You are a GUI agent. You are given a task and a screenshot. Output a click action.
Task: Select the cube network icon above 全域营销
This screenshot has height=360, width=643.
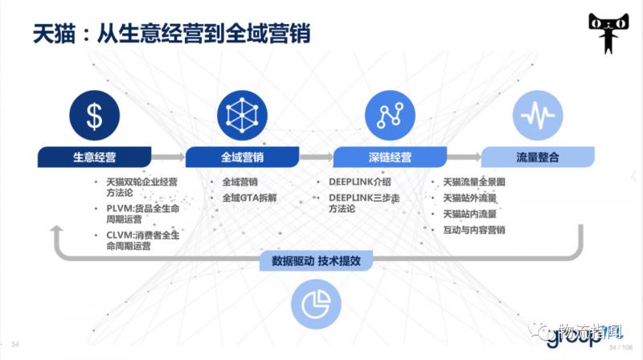(x=240, y=116)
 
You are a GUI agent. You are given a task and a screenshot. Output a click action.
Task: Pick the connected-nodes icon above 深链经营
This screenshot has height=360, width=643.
(x=389, y=116)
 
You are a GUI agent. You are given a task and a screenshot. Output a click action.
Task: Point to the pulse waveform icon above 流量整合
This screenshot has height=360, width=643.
(x=537, y=116)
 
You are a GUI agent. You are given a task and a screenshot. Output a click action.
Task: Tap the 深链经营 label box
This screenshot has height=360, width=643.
(x=390, y=157)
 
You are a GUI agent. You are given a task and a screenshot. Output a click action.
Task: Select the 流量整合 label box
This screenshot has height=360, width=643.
(x=537, y=157)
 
